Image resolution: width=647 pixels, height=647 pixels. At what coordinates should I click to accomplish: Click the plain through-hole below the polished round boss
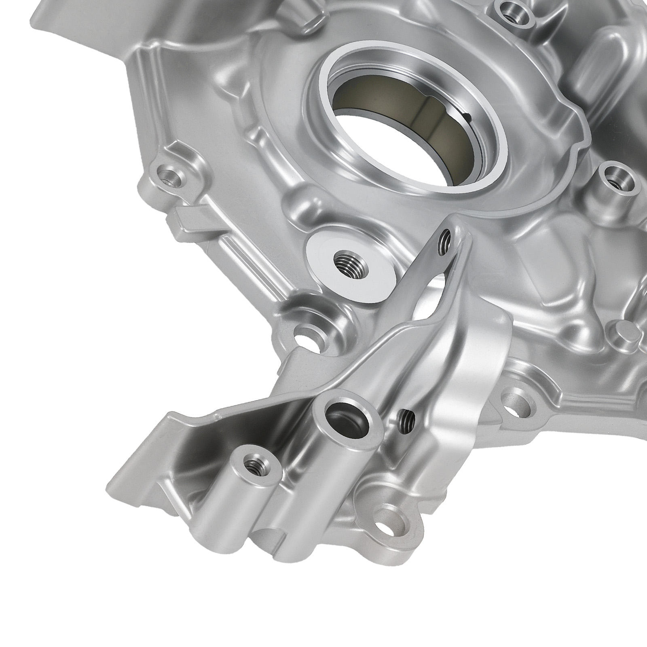(307, 333)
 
